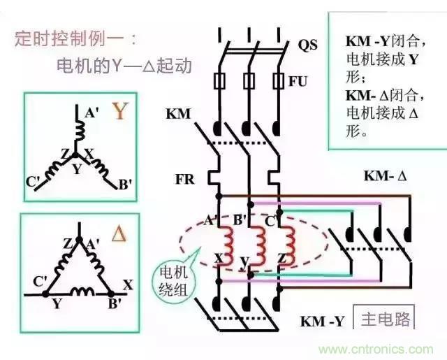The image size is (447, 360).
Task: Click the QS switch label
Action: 307,45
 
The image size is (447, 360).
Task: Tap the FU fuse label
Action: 298,80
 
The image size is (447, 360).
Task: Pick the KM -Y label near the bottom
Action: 322,321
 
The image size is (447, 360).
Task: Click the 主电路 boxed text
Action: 383,319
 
